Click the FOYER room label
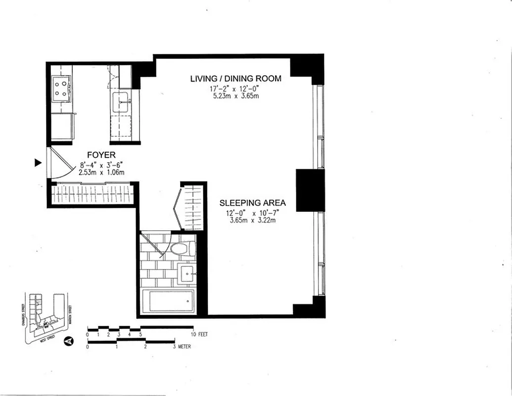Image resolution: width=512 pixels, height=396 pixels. click(101, 155)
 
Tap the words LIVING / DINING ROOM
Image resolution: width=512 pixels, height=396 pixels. click(236, 79)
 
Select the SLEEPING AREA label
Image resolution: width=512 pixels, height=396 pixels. click(253, 203)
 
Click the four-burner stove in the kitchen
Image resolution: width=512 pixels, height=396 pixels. click(61, 88)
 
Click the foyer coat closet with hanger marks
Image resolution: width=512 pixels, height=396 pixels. click(92, 194)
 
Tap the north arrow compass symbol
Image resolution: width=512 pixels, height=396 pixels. click(69, 341)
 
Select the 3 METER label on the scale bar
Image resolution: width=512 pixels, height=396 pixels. click(182, 346)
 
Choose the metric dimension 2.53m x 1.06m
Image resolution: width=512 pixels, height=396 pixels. click(101, 172)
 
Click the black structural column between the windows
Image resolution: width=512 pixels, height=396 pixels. click(310, 190)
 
